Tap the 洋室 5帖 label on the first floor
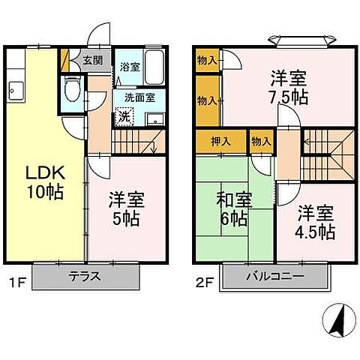(125, 211)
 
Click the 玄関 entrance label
(93, 61)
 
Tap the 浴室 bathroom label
(130, 67)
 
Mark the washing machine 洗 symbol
(124, 116)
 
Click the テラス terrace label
(85, 275)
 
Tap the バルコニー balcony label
(274, 275)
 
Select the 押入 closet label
(220, 140)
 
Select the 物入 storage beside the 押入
(260, 140)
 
